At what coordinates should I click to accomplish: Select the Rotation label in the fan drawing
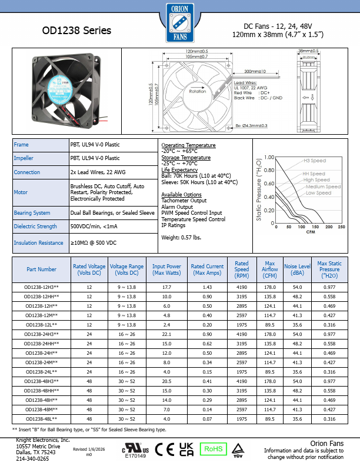[x=198, y=92]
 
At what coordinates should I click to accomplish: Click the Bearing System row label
[x=32, y=212]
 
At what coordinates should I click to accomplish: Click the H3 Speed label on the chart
[x=315, y=161]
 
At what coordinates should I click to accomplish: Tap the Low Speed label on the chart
[x=319, y=193]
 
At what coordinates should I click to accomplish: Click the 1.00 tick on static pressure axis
[x=269, y=157]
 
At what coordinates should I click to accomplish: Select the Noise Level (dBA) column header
[x=297, y=269]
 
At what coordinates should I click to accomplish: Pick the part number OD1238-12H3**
[x=41, y=287]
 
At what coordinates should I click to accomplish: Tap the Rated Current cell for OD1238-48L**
[x=207, y=418]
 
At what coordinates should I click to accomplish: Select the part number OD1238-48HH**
[x=41, y=390]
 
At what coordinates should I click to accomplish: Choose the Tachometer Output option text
[x=184, y=201]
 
